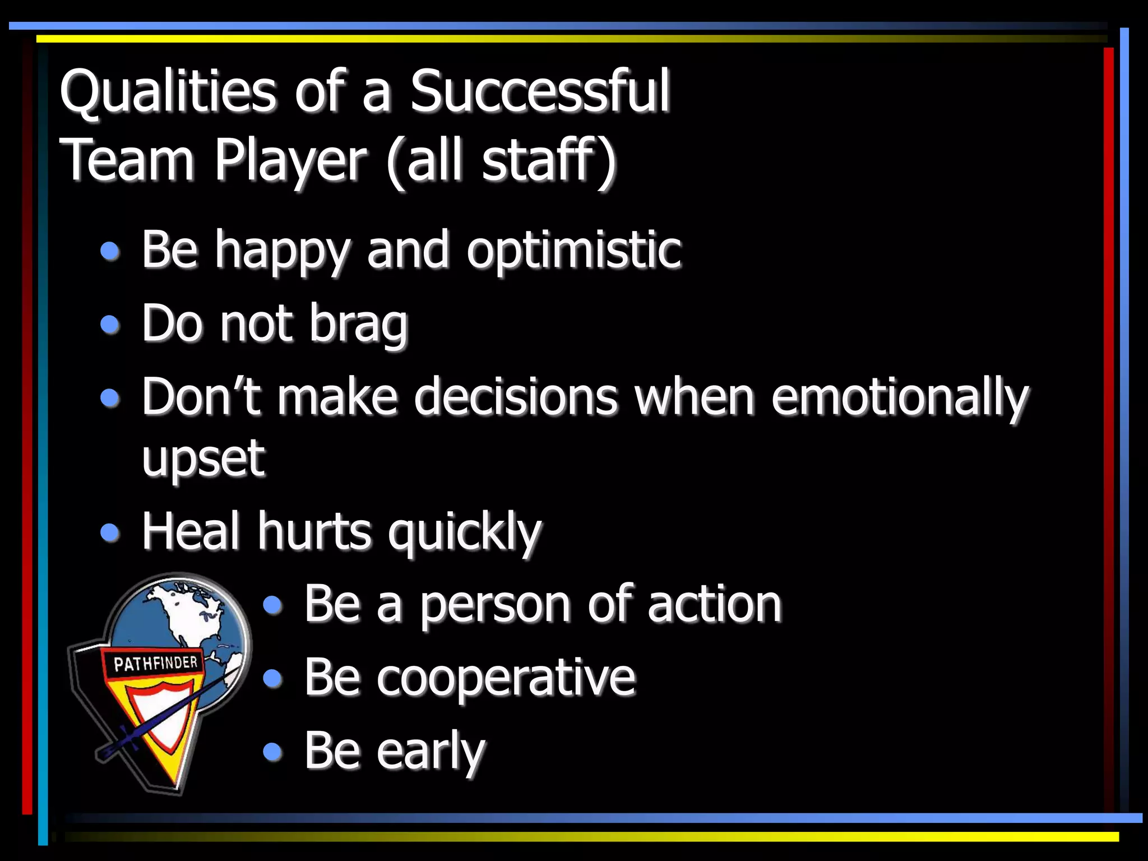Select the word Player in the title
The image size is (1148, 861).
(290, 161)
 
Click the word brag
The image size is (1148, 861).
(358, 325)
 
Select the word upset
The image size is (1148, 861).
(203, 460)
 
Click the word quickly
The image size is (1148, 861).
(465, 533)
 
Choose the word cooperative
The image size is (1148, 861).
(506, 678)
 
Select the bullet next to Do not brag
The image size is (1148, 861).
(110, 325)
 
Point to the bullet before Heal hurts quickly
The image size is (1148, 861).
(110, 533)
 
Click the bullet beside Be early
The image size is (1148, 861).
(272, 751)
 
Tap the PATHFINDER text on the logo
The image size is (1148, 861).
(155, 664)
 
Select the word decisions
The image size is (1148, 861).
(516, 398)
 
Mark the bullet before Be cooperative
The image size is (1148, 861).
(272, 678)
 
